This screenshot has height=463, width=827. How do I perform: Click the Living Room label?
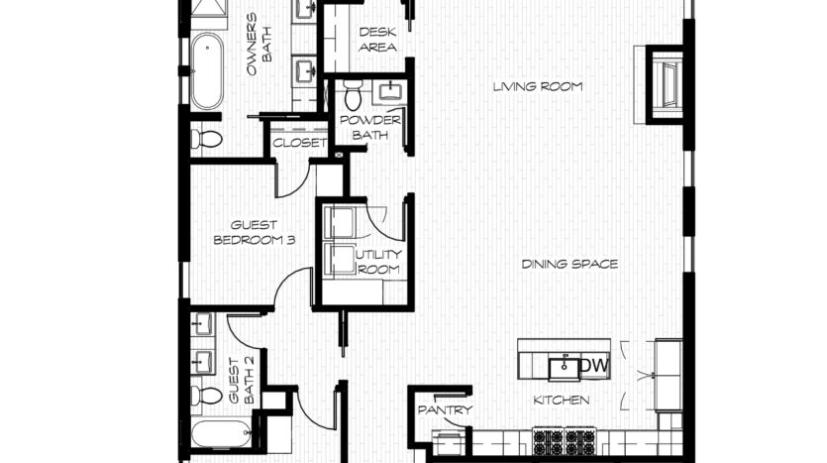538,86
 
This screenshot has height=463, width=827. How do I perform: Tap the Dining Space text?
569,264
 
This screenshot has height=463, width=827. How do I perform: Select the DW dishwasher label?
594,365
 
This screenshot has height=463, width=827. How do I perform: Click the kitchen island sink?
564,368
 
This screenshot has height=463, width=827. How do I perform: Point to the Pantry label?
445,409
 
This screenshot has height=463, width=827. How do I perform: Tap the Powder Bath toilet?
353,95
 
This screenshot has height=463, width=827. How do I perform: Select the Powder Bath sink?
390,92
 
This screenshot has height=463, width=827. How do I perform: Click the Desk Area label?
377,40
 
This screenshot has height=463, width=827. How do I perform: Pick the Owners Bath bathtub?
207,71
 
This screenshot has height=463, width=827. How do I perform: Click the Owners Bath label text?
259,45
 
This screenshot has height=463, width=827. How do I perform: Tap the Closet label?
299,143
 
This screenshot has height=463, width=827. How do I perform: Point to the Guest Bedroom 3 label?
255,233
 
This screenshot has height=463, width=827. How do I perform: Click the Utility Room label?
378,262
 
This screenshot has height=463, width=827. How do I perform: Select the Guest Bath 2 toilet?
206,396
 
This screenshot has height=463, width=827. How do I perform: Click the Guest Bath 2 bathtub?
222,434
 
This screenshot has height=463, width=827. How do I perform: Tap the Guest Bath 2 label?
242,381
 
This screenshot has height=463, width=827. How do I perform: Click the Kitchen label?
562,401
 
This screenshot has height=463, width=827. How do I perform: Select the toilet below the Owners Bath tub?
206,140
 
